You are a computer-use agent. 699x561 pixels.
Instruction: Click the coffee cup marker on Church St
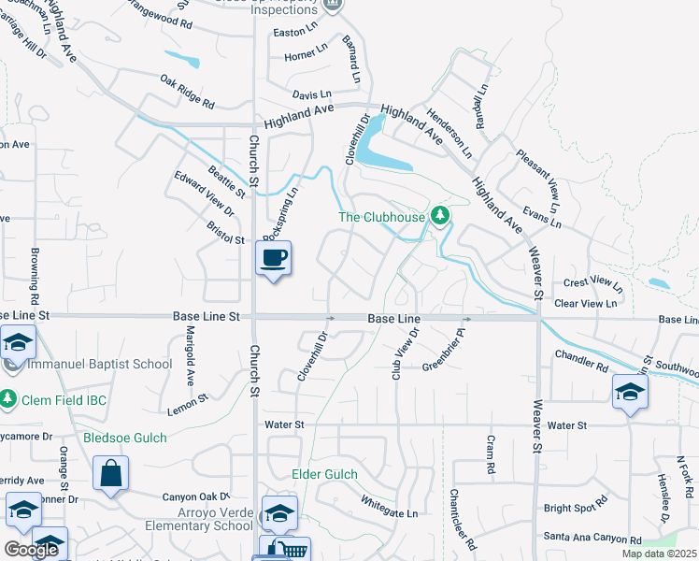click(x=273, y=258)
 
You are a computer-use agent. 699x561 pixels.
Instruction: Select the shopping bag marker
click(x=111, y=475)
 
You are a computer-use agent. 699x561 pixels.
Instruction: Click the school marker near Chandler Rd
click(x=630, y=392)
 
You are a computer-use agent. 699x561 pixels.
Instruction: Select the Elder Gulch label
click(x=325, y=474)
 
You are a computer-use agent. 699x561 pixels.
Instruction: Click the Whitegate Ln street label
click(x=390, y=506)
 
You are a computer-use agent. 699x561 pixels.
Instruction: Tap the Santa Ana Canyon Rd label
click(x=592, y=538)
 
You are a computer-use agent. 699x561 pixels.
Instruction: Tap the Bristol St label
click(x=226, y=240)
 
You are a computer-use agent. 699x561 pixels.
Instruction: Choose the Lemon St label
click(x=187, y=403)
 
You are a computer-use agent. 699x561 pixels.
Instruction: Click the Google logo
click(x=31, y=550)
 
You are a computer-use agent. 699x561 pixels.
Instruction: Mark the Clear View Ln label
click(x=586, y=303)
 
